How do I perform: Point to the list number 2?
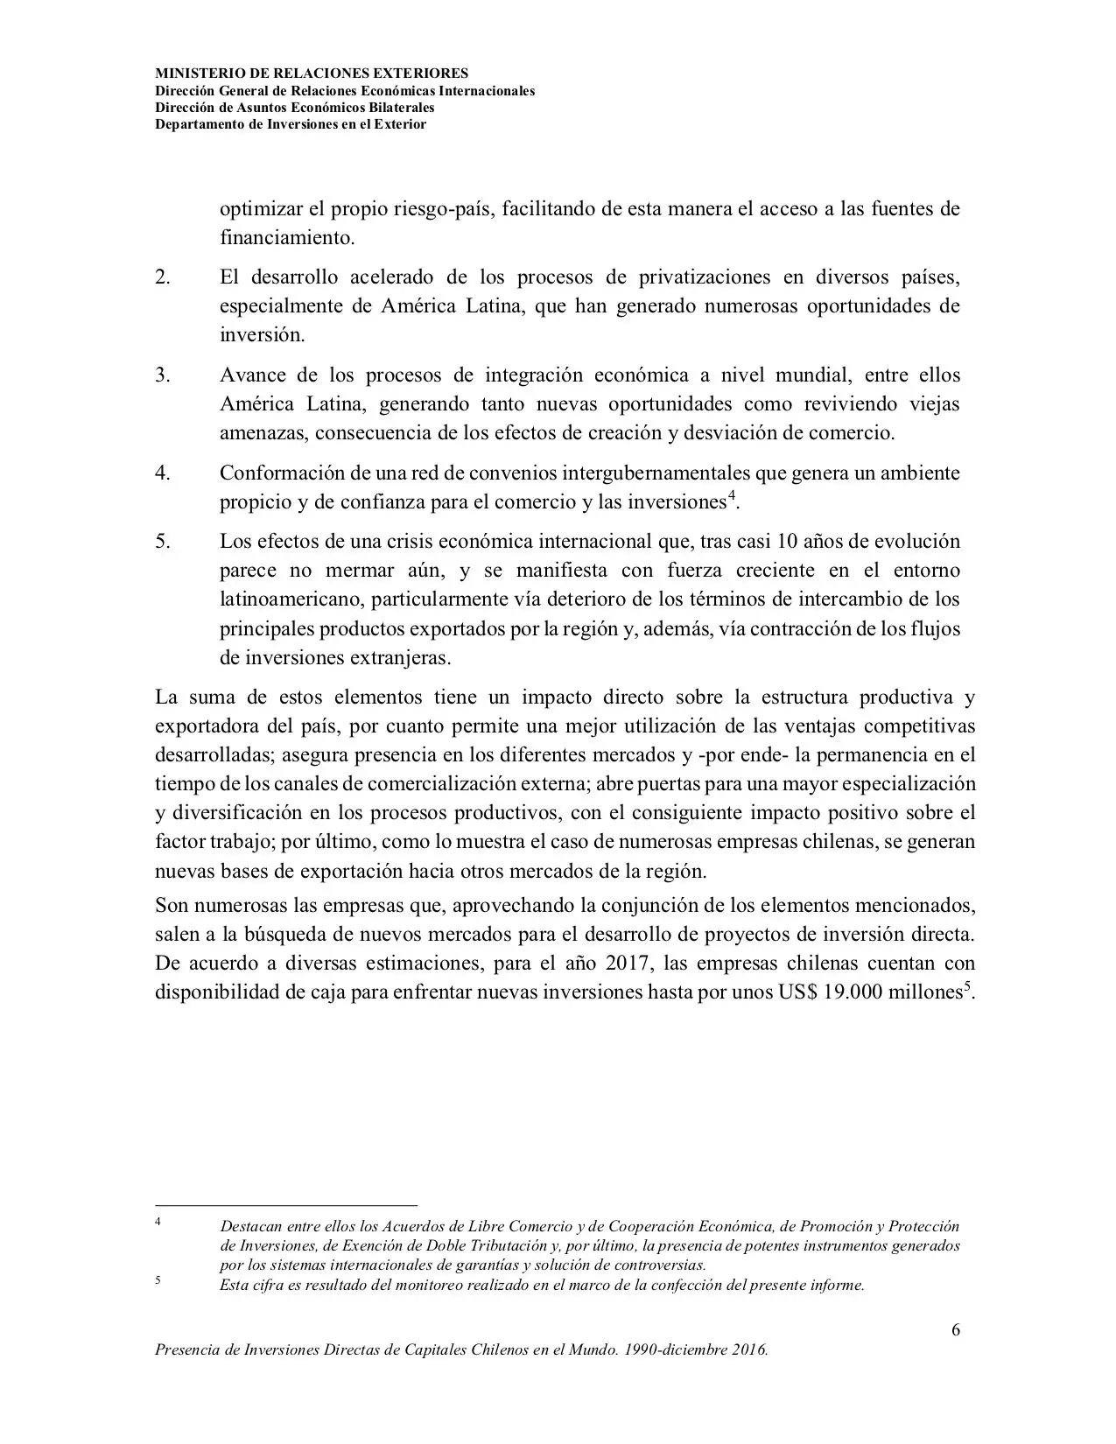(x=162, y=277)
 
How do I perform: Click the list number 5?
(x=162, y=542)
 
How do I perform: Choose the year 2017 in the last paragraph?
(x=626, y=964)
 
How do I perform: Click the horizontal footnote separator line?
(x=286, y=1205)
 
